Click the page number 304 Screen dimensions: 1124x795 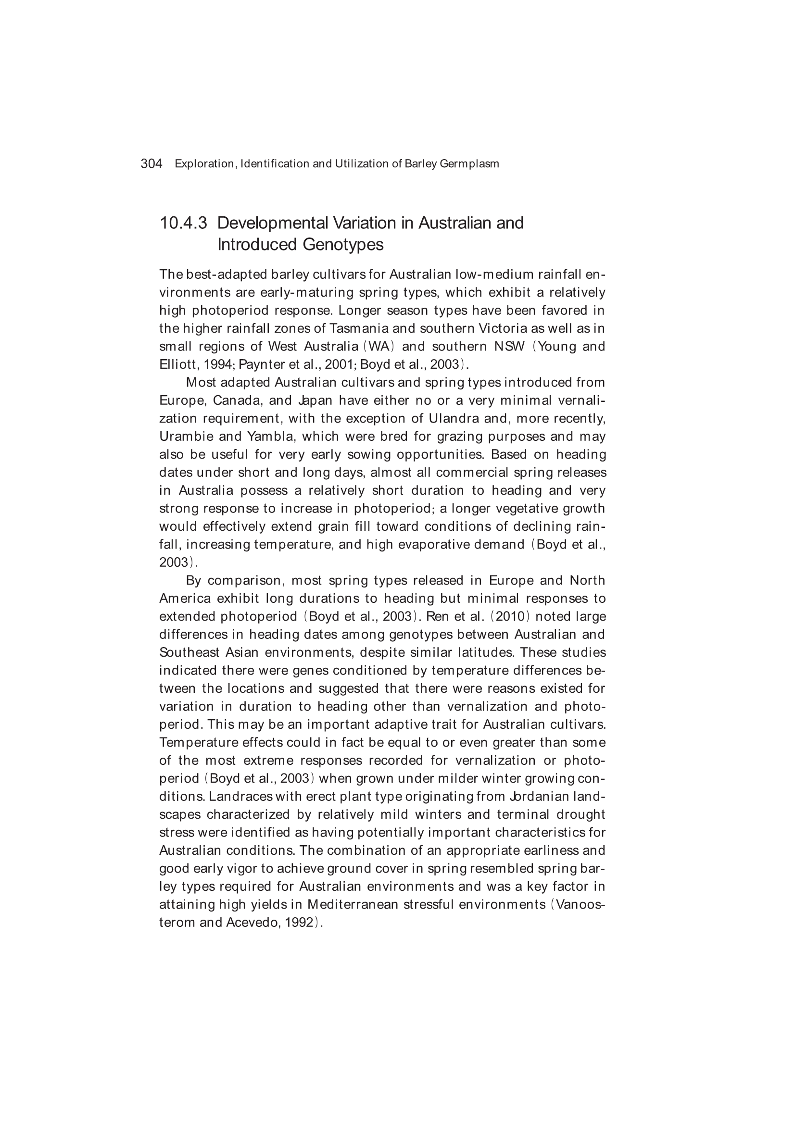tap(151, 164)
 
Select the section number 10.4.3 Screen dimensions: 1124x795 tap(183, 223)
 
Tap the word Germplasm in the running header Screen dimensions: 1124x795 tap(469, 164)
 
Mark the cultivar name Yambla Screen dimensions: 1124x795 tap(270, 437)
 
